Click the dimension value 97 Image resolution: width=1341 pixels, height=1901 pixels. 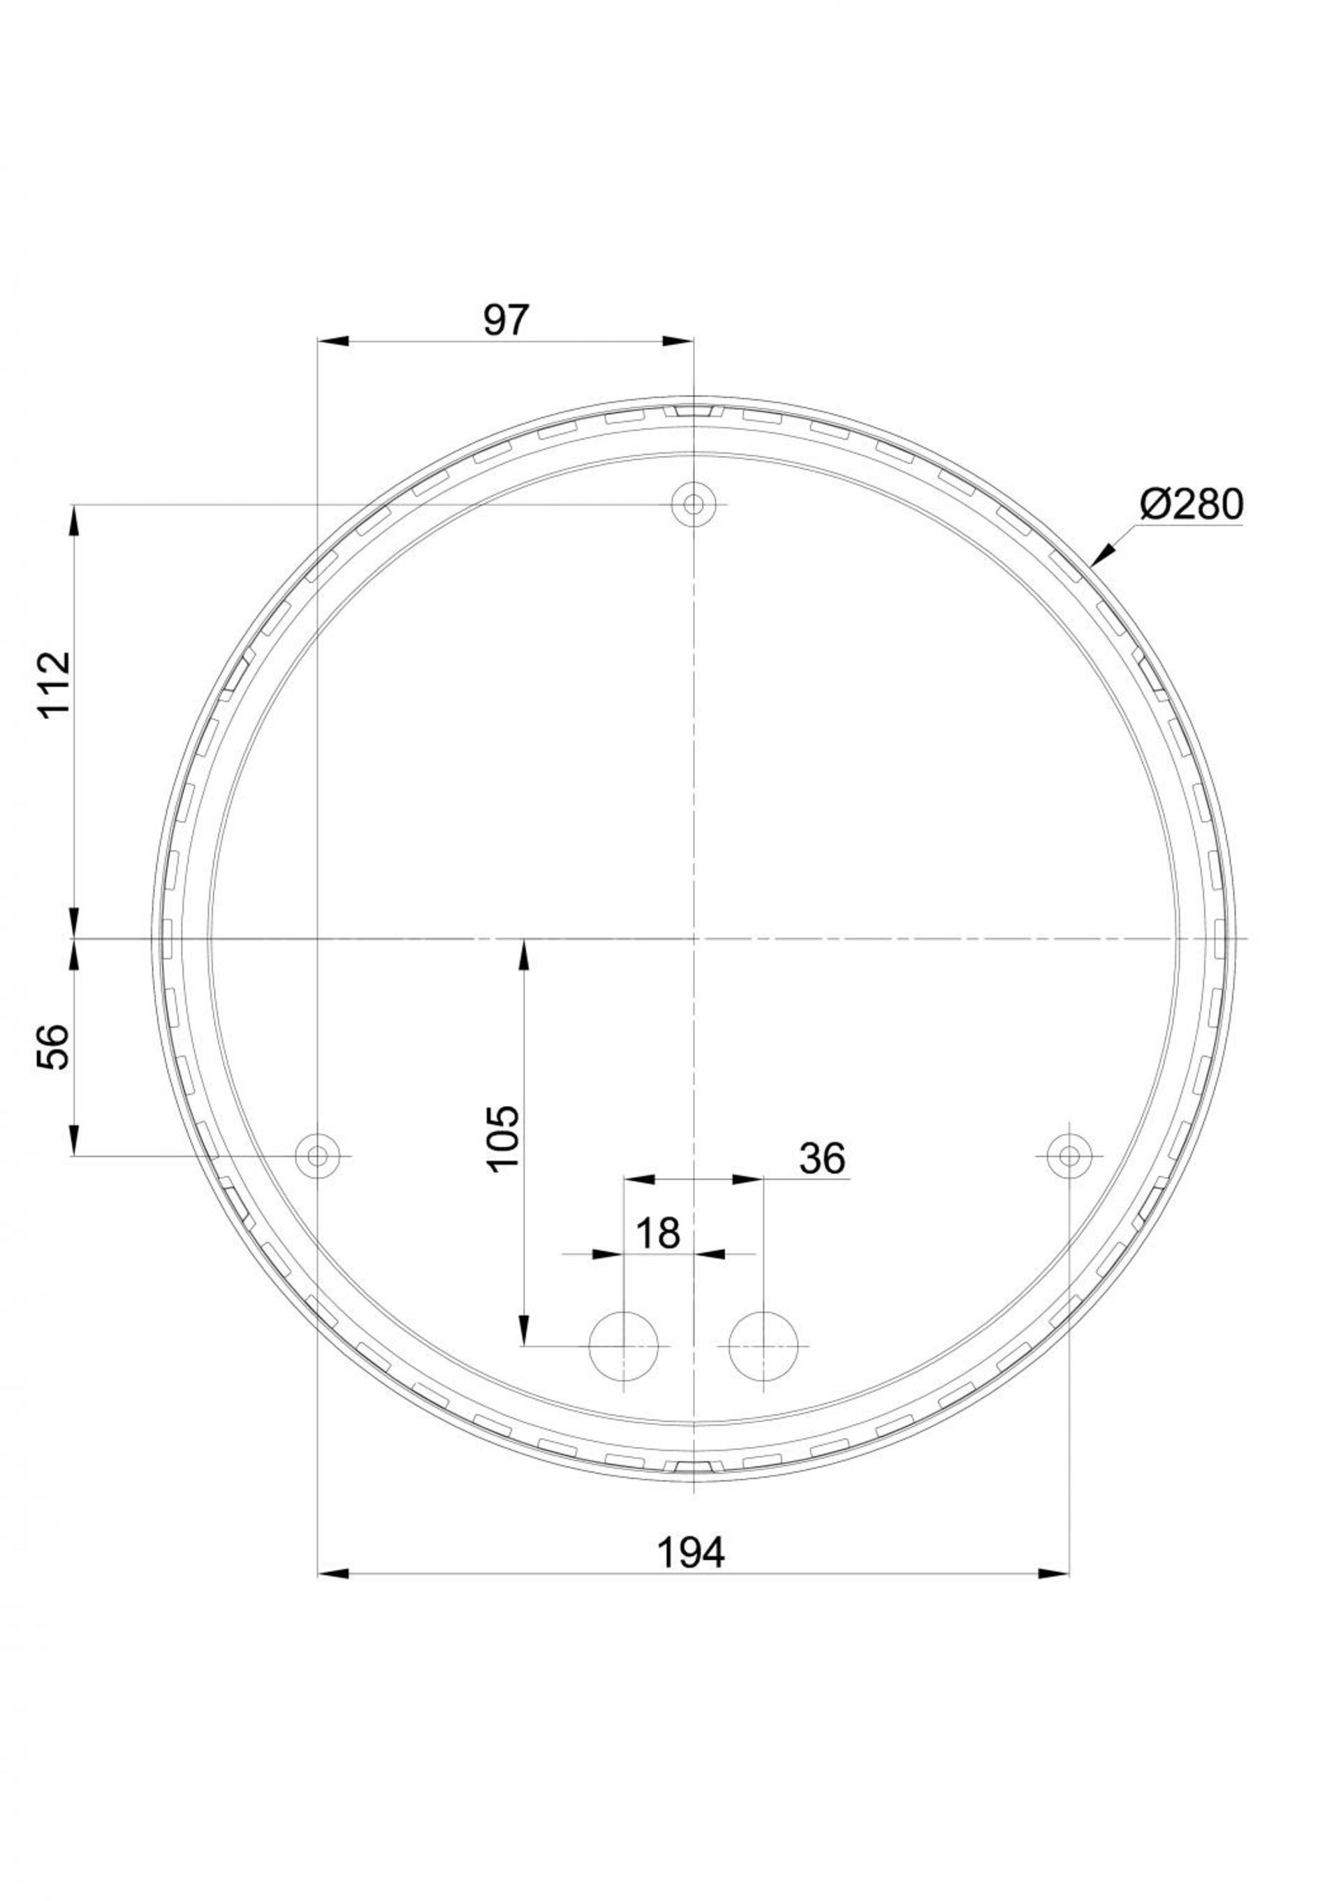[x=505, y=321]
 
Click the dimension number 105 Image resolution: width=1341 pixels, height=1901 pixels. [x=504, y=1137]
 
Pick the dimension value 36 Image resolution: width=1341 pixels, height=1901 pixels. [x=822, y=1159]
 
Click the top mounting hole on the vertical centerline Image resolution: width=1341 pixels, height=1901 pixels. [x=693, y=504]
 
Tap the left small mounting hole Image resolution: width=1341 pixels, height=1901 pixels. [x=318, y=1154]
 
